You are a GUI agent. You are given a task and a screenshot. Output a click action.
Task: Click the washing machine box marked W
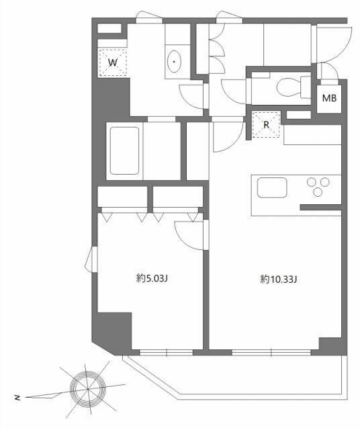point(113,62)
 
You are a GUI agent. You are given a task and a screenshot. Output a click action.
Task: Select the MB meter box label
point(329,99)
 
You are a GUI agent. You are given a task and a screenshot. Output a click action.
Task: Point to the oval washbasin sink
point(175,62)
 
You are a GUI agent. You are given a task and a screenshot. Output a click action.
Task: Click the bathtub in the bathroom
point(124,150)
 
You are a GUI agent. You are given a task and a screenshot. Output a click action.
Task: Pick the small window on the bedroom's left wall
point(91,259)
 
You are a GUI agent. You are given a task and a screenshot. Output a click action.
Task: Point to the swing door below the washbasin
point(193,95)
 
